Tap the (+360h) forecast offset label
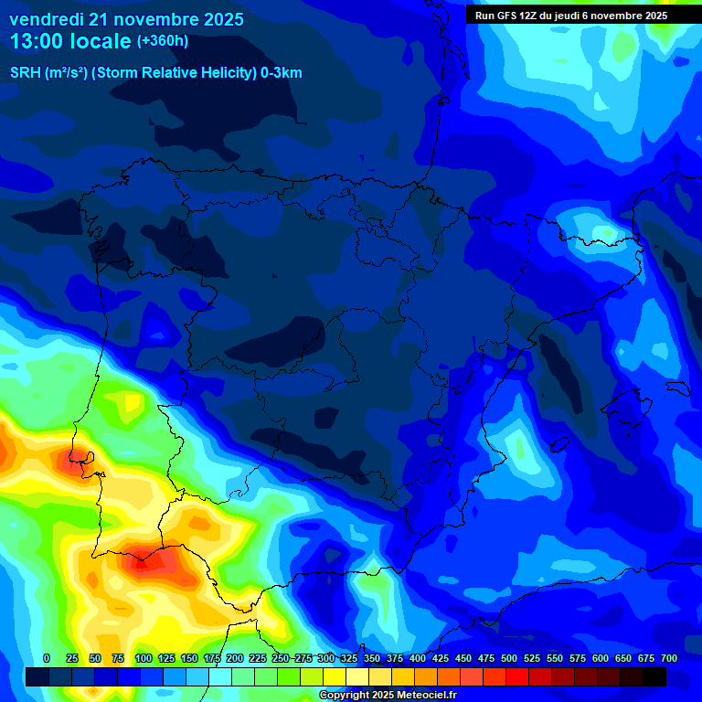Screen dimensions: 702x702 163,41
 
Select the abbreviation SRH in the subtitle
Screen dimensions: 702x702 26,73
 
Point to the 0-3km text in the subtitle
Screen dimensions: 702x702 281,73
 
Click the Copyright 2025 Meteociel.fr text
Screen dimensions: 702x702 387,696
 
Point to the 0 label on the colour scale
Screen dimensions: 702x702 47,658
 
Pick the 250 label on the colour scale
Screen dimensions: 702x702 281,658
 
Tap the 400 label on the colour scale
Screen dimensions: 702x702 418,658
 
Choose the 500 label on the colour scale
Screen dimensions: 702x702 509,658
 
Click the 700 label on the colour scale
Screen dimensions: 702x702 669,658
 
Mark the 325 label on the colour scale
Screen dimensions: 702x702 349,658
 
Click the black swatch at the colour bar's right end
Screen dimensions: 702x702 654,676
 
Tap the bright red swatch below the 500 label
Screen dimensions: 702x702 517,676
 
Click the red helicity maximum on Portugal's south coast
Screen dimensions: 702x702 146,559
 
